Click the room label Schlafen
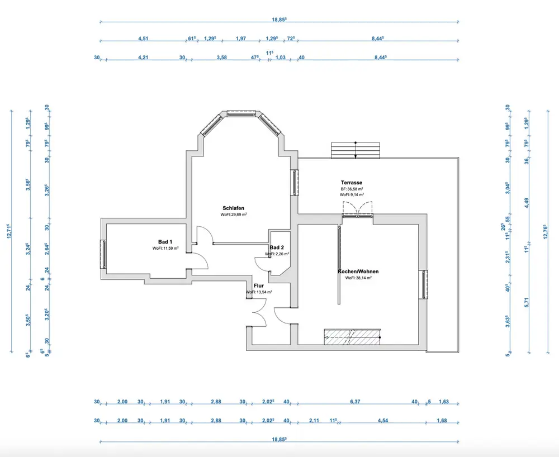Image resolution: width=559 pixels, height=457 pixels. pyautogui.click(x=231, y=208)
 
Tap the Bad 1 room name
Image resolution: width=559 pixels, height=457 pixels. pyautogui.click(x=165, y=241)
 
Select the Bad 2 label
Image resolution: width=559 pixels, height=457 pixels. pyautogui.click(x=277, y=247)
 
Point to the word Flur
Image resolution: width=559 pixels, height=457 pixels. pyautogui.click(x=259, y=285)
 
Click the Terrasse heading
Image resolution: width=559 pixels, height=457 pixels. pyautogui.click(x=352, y=183)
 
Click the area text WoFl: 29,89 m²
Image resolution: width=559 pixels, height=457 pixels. pyautogui.click(x=234, y=215)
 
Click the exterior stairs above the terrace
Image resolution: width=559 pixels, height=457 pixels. pyautogui.click(x=356, y=150)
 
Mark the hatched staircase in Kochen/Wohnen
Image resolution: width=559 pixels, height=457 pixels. pyautogui.click(x=352, y=336)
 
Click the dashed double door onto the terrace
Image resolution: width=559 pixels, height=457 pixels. pyautogui.click(x=357, y=213)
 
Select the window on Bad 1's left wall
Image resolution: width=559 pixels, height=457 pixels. pyautogui.click(x=103, y=254)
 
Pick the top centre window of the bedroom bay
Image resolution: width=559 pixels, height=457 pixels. pyautogui.click(x=243, y=114)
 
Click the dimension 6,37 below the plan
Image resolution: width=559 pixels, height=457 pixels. pyautogui.click(x=354, y=402)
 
